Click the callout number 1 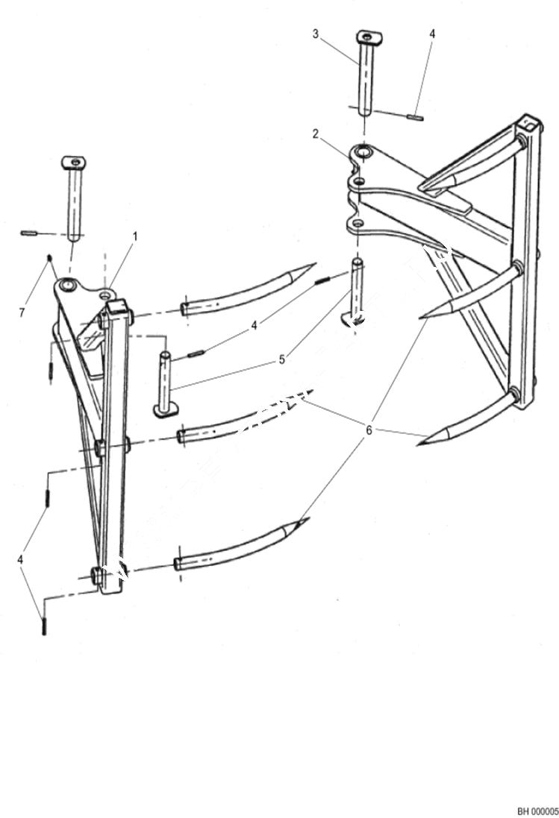[135, 236]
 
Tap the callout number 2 [316, 134]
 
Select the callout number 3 [315, 34]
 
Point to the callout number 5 [281, 359]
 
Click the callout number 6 [368, 430]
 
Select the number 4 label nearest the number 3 [432, 34]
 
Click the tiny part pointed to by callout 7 [49, 258]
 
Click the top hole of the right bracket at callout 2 [363, 153]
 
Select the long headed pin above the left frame [73, 198]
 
